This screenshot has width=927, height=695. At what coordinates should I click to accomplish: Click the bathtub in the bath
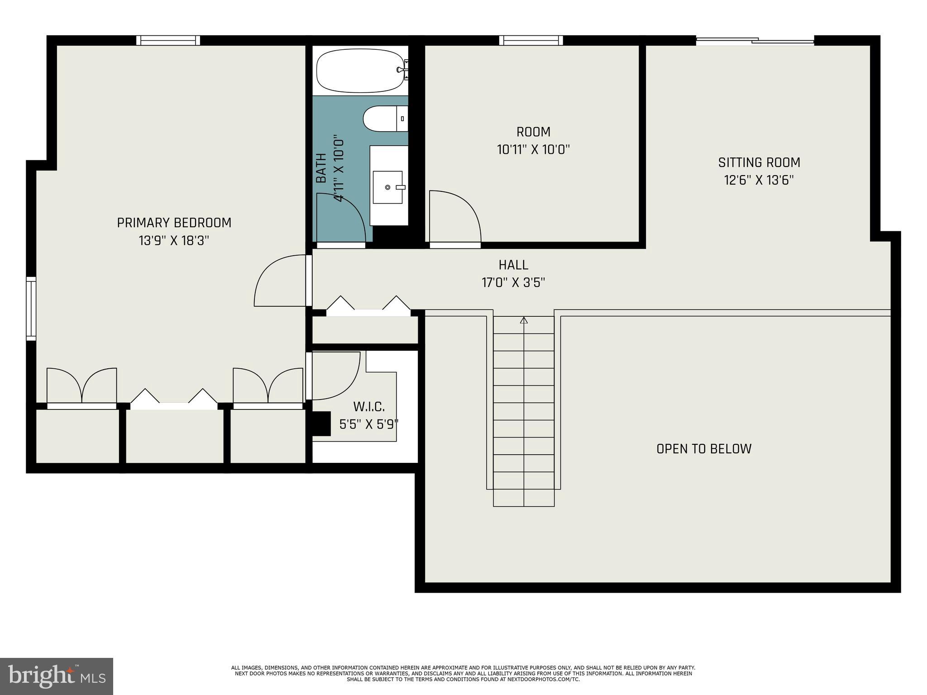tap(360, 71)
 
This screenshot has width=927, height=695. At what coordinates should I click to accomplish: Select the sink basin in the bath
tap(387, 187)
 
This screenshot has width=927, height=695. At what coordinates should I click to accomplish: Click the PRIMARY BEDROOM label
tap(174, 223)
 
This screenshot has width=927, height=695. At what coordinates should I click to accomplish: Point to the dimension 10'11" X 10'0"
tap(533, 150)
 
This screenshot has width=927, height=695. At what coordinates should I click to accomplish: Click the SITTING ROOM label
tap(759, 162)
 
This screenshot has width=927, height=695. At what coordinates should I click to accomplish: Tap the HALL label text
tap(513, 265)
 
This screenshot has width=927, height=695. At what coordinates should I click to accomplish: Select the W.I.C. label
tap(369, 407)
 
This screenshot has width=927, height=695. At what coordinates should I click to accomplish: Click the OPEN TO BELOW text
tap(704, 449)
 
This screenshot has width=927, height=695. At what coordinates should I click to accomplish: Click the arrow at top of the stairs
tap(524, 320)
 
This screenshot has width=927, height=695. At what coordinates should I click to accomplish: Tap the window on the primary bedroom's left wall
tap(31, 309)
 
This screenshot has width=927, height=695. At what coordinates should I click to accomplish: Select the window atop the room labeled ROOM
tap(531, 40)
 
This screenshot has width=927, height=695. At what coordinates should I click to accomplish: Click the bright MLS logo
tap(57, 676)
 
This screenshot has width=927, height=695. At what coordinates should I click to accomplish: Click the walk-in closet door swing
tap(335, 376)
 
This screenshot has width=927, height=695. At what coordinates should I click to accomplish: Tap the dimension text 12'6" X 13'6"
tap(759, 181)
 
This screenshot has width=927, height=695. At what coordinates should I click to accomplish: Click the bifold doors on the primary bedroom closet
tap(174, 398)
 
